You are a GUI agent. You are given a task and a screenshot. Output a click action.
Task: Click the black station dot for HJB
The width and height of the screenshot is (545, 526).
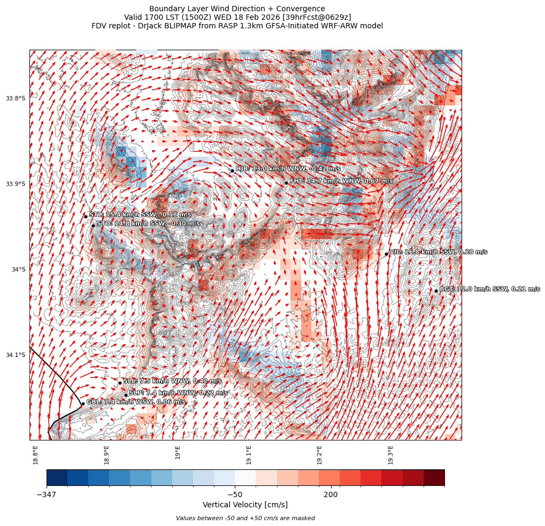232,171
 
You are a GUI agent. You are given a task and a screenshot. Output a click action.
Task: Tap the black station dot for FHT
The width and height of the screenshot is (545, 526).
286,183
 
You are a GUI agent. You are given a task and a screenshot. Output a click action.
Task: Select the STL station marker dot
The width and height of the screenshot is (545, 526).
86,216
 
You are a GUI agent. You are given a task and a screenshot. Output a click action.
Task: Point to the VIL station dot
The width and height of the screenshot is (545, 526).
386,254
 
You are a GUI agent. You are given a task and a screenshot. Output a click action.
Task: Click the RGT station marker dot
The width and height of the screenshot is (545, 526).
436,291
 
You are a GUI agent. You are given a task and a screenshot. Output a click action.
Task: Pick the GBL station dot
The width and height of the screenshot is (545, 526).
83,404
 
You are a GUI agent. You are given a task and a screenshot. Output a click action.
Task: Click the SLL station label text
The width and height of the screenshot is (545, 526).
172,381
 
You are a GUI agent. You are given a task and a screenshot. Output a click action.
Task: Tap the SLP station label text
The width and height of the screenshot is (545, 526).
178,393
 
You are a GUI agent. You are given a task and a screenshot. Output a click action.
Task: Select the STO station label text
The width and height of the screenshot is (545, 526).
148,223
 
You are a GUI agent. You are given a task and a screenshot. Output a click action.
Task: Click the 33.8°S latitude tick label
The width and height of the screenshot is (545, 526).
16,98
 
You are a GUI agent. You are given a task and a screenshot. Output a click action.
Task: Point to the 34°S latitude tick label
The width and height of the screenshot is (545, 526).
18,269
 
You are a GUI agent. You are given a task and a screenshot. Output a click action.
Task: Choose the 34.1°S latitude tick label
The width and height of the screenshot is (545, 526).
16,355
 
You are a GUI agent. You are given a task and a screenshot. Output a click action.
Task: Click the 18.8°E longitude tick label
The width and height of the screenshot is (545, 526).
35,454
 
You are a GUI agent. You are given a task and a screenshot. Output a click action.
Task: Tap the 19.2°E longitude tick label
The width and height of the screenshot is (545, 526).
319,454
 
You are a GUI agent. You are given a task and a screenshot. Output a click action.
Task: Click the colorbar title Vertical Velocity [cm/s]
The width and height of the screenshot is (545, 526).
245,505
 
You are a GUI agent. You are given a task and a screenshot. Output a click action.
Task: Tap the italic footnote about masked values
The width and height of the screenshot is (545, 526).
245,518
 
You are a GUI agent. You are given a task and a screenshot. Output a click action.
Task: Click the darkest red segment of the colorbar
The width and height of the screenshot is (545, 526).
434,477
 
